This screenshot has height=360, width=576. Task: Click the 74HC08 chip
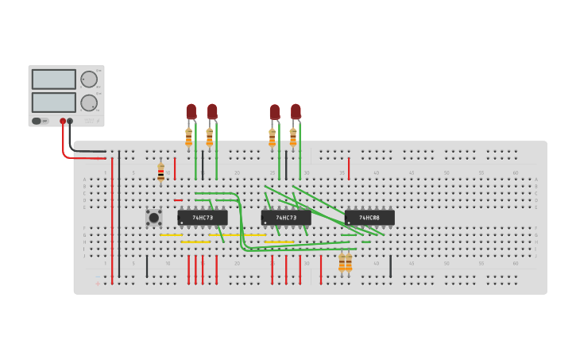pos(369,217)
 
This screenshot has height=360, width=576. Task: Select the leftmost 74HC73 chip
pos(203,217)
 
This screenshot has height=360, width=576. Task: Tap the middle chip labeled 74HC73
pos(286,217)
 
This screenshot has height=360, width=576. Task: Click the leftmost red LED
pos(191,111)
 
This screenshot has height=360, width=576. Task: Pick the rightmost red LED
pos(296,111)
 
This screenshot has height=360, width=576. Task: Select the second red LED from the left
pos(212,111)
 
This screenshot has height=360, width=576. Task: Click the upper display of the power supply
pos(54,79)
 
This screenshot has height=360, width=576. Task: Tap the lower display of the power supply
pos(54,102)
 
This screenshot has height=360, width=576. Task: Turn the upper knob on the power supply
pos(88,79)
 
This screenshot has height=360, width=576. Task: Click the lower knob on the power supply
pos(88,103)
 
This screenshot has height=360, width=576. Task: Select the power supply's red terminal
pos(63,122)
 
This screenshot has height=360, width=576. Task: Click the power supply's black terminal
pos(71,122)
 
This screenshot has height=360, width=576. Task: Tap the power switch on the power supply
pos(37,121)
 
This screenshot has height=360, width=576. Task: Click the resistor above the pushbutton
pos(160,172)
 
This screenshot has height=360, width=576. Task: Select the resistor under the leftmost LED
pos(188,137)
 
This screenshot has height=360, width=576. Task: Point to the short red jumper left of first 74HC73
pos(178,200)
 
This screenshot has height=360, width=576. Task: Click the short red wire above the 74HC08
pos(348,168)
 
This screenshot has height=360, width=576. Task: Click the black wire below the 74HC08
pos(390,266)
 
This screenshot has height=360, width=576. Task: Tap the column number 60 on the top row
pos(515,172)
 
